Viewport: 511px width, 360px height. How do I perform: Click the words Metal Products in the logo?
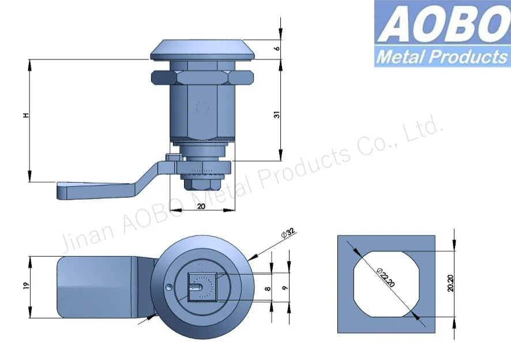pos(442,57)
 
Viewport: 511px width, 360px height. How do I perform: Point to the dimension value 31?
pos(277,115)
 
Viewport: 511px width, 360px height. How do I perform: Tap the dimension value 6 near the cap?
pos(277,48)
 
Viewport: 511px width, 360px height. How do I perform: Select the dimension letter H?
pos(25,117)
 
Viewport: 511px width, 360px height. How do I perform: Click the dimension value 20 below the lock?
pos(202,206)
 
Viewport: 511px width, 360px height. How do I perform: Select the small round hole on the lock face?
pos(168,287)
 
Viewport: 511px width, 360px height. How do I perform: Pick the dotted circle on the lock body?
pos(201,107)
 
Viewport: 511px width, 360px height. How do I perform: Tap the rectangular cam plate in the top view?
pos(98,286)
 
